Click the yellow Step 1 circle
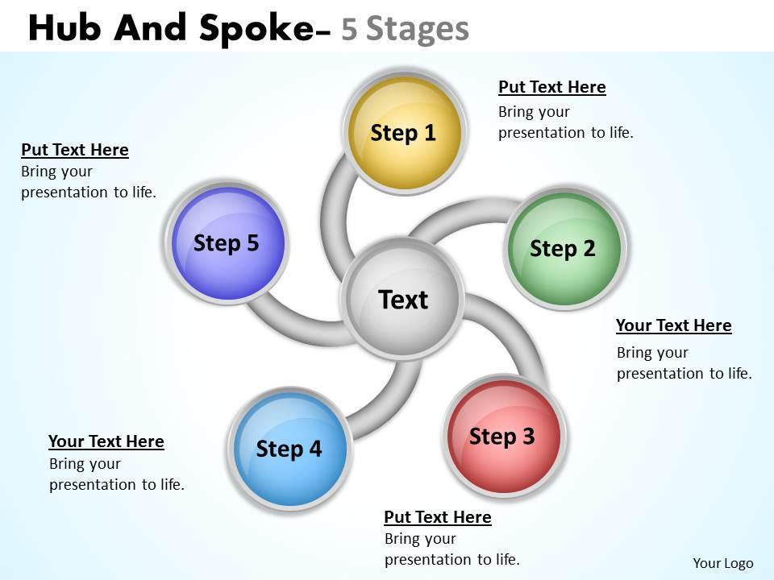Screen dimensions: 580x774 pos(403,132)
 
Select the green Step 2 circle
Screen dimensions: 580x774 pos(564,248)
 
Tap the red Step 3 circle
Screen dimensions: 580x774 pos(503,436)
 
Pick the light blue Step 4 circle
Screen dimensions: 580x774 pos(289,449)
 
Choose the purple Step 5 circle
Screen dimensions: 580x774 pos(227,242)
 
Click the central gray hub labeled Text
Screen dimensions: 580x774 pos(402,300)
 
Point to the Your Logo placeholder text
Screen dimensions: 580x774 pos(722,563)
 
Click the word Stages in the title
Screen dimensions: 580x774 pos(417,28)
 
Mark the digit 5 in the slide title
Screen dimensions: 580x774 pos(349,28)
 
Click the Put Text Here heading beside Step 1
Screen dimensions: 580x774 pos(551,87)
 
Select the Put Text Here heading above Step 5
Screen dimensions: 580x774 pos(74,150)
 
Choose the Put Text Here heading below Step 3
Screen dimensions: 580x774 pos(437,516)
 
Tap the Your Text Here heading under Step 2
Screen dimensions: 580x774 pos(673,325)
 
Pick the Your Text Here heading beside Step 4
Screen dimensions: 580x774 pos(106,441)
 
